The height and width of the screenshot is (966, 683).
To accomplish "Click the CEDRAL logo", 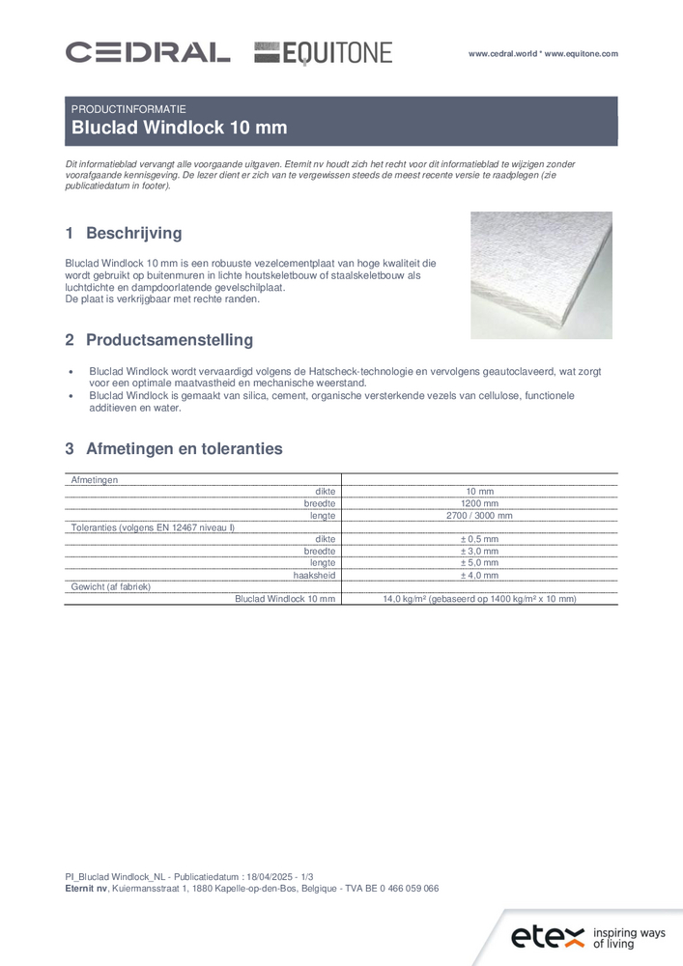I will click(147, 52).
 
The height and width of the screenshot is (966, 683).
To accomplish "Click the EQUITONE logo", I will click(324, 53).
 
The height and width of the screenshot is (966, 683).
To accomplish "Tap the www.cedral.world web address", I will click(503, 54).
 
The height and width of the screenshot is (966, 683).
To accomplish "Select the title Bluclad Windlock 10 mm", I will click(180, 128).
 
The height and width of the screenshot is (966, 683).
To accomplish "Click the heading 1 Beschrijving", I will click(123, 234).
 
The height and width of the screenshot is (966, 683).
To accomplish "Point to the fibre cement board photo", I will click(541, 275).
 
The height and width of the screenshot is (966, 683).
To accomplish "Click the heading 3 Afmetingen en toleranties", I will click(173, 448).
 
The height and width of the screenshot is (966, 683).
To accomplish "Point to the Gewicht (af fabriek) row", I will click(110, 586).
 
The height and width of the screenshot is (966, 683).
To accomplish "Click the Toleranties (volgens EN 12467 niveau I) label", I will click(153, 527).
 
